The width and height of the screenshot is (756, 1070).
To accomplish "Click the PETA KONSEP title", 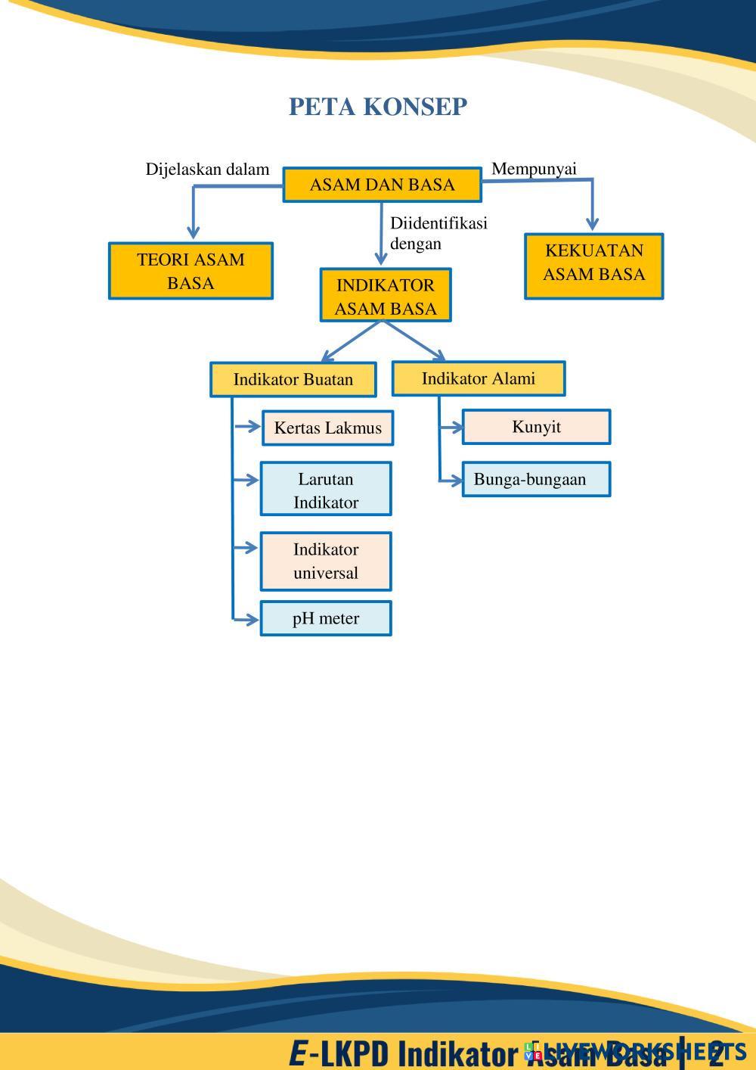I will coord(378,107).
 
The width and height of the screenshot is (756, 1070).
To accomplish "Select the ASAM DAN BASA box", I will coord(382,185).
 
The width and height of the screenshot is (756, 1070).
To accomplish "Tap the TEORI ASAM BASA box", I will coord(191,271).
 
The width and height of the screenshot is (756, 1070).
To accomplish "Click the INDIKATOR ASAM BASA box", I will coord(386,296).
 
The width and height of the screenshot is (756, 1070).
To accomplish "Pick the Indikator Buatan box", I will coord(293,379).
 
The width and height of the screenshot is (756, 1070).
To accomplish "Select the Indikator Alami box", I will coord(478,378).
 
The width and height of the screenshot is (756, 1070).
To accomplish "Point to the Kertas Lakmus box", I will coord(327,428).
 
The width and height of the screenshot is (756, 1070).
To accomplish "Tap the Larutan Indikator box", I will coord(326,490).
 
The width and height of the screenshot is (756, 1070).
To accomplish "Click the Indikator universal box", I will coord(326,561).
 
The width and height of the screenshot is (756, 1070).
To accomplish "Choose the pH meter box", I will coord(326,618).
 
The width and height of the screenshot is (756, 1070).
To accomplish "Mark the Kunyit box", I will coord(536,427).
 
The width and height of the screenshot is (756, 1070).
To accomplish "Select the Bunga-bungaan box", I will coord(536,479).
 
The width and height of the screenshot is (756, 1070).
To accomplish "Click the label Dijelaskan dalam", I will coord(207,170).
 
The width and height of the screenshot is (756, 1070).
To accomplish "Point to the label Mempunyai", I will coord(534,169).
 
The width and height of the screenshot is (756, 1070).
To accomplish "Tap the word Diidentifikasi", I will coord(438,223).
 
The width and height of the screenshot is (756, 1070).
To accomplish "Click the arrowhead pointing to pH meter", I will coord(253,620).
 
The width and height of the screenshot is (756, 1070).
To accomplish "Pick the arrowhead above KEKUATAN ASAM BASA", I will coord(593,223).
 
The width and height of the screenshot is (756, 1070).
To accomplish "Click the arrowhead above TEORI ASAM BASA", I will coord(194,232).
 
